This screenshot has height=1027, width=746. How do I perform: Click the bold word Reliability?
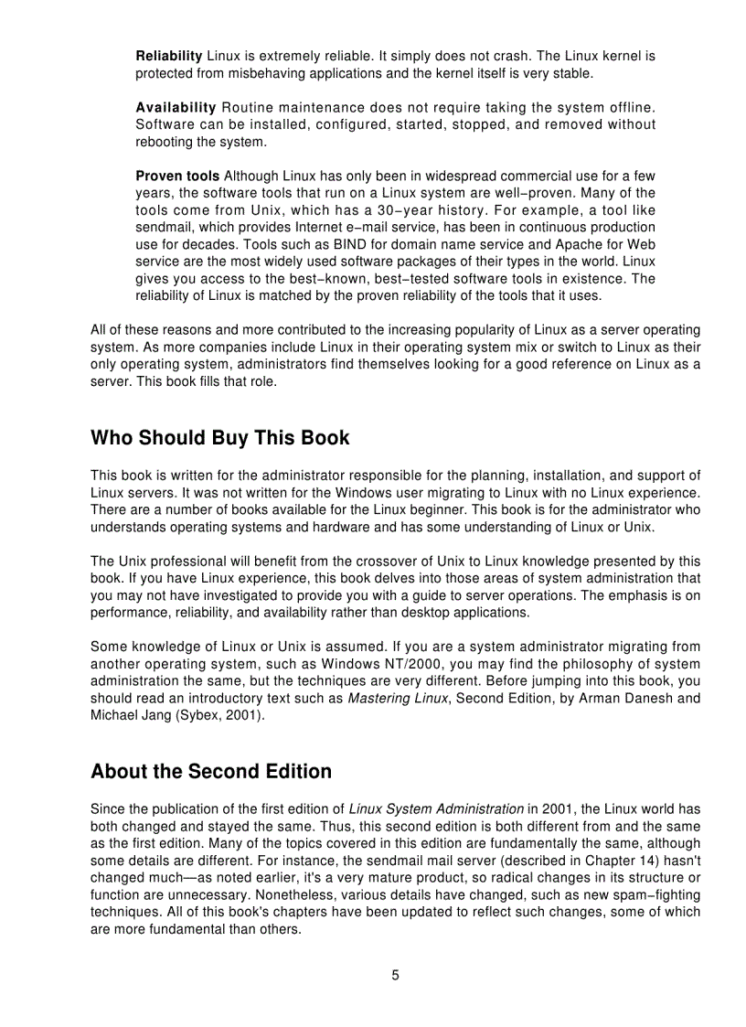(x=169, y=56)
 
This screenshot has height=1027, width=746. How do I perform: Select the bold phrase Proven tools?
(x=177, y=176)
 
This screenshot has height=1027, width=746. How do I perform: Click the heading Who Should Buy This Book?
(x=219, y=438)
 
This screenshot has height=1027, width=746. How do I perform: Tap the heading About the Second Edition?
(x=211, y=772)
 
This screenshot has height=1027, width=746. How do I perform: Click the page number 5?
(x=395, y=975)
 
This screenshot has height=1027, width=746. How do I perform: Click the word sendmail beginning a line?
(x=163, y=227)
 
